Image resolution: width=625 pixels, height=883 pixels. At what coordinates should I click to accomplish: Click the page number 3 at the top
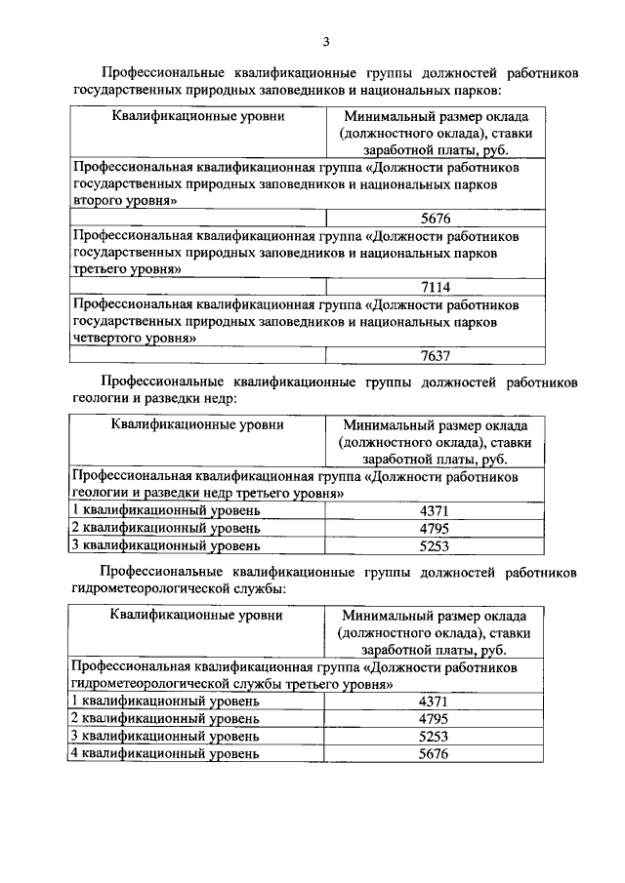[x=327, y=41]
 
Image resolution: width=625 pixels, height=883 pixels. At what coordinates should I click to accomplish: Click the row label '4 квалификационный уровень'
[x=165, y=753]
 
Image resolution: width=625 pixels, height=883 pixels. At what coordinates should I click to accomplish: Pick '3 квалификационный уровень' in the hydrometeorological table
[x=165, y=736]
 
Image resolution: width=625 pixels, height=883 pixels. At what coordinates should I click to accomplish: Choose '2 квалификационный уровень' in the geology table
[x=165, y=529]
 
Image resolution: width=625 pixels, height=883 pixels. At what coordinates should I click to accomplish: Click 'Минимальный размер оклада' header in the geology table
[x=435, y=425]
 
